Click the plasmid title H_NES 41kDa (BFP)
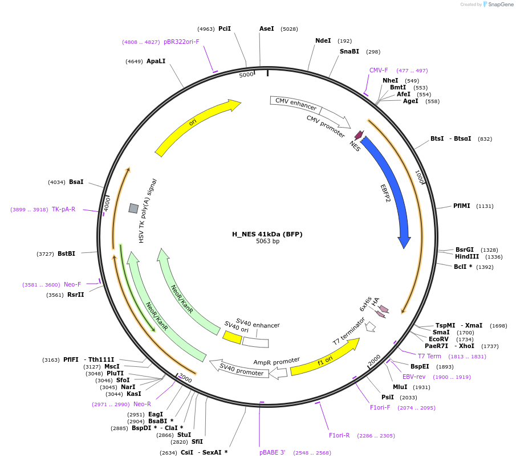pos(267,234)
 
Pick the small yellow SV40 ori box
pos(232,337)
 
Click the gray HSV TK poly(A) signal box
pos(133,208)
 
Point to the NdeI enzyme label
pos(323,40)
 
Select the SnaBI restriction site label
pos(350,51)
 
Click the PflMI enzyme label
pos(461,206)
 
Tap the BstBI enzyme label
pos(66,254)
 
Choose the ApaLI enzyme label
pos(156,61)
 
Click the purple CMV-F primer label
pos(379,71)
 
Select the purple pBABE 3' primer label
pos(273,452)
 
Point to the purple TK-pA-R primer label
pos(64,210)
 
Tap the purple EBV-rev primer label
pos(414,377)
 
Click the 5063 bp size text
pos(267,242)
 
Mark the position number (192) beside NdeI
pos(344,41)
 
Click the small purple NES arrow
pos(359,136)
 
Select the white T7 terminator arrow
pos(371,326)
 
